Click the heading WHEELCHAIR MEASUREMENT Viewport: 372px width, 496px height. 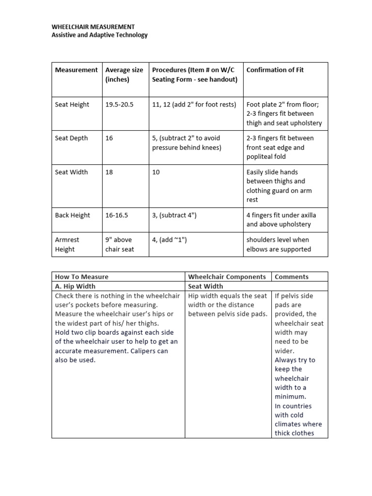[x=93, y=27]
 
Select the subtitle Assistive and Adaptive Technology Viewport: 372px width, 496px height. [x=99, y=35]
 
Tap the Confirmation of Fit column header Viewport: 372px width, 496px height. [x=275, y=70]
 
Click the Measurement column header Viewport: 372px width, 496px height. [x=76, y=70]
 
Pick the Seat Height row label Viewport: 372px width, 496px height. [x=72, y=105]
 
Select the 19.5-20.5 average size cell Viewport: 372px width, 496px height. [x=119, y=105]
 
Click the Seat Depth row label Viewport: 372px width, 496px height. [x=72, y=138]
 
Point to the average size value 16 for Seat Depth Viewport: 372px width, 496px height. [x=109, y=138]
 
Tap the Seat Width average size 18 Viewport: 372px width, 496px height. [x=109, y=172]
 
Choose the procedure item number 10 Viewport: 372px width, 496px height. [x=156, y=172]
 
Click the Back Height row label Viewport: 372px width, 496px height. [x=73, y=215]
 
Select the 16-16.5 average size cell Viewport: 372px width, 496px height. [x=117, y=215]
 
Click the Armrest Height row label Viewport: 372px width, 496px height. [x=67, y=244]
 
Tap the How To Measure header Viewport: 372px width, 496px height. [x=82, y=277]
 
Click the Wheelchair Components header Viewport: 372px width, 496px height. [x=227, y=277]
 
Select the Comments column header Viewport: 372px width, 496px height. [x=291, y=277]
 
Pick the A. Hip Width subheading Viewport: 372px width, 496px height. [x=75, y=286]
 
